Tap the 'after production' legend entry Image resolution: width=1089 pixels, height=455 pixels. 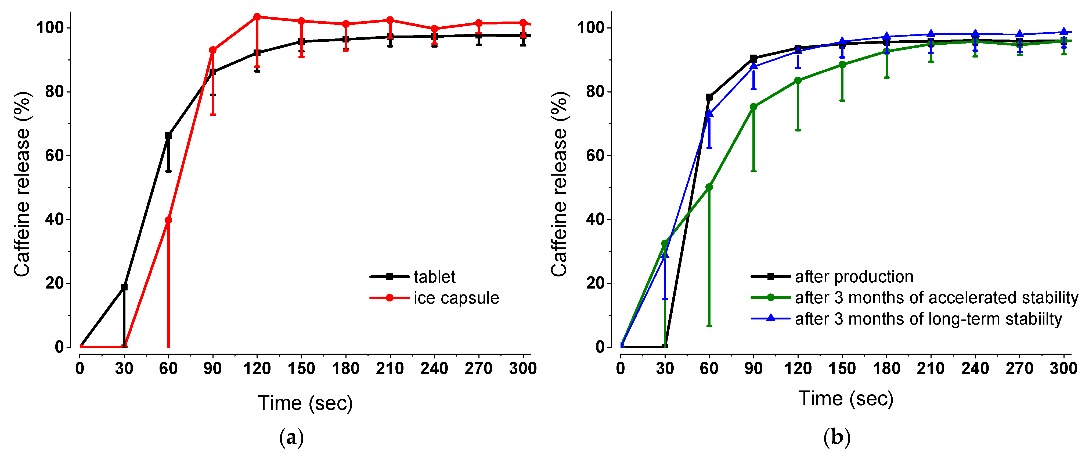point(854,277)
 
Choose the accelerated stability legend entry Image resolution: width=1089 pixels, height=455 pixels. point(936,298)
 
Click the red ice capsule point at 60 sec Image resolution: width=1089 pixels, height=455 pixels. point(168,220)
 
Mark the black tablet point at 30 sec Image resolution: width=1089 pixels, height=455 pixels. point(124,287)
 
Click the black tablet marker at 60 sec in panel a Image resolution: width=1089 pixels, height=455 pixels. point(168,136)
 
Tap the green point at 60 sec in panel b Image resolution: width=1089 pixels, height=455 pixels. point(709,187)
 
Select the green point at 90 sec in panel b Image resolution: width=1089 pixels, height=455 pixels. point(753,107)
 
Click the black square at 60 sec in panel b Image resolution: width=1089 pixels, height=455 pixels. point(709,97)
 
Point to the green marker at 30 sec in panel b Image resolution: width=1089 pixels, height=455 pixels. point(665,243)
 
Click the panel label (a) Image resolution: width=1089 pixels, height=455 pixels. point(291,438)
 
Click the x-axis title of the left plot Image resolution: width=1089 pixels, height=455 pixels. point(305,403)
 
